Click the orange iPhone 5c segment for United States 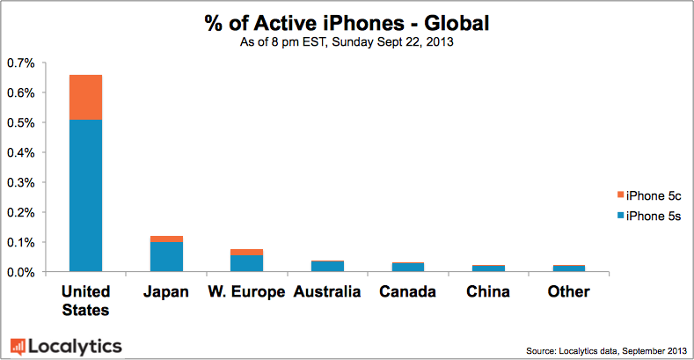pyautogui.click(x=85, y=97)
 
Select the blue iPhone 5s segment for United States pyautogui.click(x=85, y=195)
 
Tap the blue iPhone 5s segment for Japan pyautogui.click(x=166, y=256)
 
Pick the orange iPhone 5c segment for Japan pyautogui.click(x=166, y=239)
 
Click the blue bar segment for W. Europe pyautogui.click(x=246, y=262)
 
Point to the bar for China pyautogui.click(x=488, y=268)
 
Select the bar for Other pyautogui.click(x=568, y=268)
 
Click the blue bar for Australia pyautogui.click(x=327, y=266)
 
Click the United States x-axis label pyautogui.click(x=85, y=300)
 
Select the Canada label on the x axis pyautogui.click(x=407, y=291)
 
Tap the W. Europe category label pyautogui.click(x=246, y=291)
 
